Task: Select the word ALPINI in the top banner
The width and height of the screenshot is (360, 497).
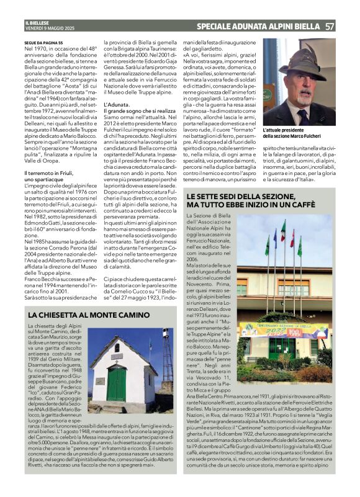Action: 276,26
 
